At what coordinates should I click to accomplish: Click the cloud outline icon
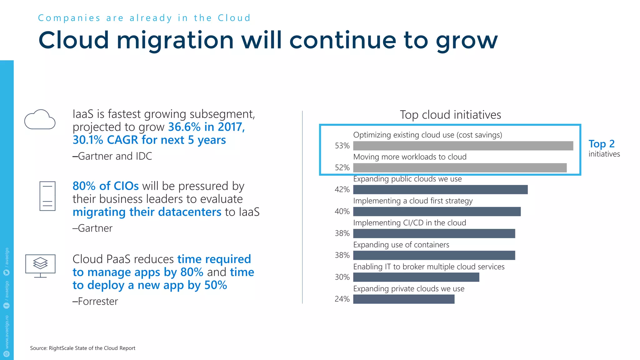coord(40,120)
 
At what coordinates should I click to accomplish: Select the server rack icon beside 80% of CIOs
coord(47,196)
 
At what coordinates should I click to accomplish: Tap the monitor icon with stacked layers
coord(40,265)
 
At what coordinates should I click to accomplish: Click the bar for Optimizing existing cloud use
coord(463,146)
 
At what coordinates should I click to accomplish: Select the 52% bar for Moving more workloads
coord(460,168)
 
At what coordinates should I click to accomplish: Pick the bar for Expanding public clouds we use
coord(440,190)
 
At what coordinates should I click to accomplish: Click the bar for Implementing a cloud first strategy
coord(437,212)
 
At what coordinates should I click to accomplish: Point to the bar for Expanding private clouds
coord(403,299)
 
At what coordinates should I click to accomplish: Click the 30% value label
coord(342,277)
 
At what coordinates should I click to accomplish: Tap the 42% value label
coord(342,190)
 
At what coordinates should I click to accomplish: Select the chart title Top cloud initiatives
coord(450,115)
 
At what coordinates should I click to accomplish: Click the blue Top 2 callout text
coord(601,144)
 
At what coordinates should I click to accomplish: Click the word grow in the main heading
coord(467,41)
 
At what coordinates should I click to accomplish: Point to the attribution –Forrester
coord(95,301)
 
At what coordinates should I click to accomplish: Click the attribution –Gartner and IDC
coord(112,156)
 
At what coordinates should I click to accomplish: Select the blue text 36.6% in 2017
coord(206,127)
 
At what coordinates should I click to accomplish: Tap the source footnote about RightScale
coord(82,348)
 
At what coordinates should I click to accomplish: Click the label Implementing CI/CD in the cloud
coord(409,223)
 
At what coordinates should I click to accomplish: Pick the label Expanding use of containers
coord(401,245)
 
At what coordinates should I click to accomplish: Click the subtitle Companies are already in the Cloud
coord(144,18)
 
